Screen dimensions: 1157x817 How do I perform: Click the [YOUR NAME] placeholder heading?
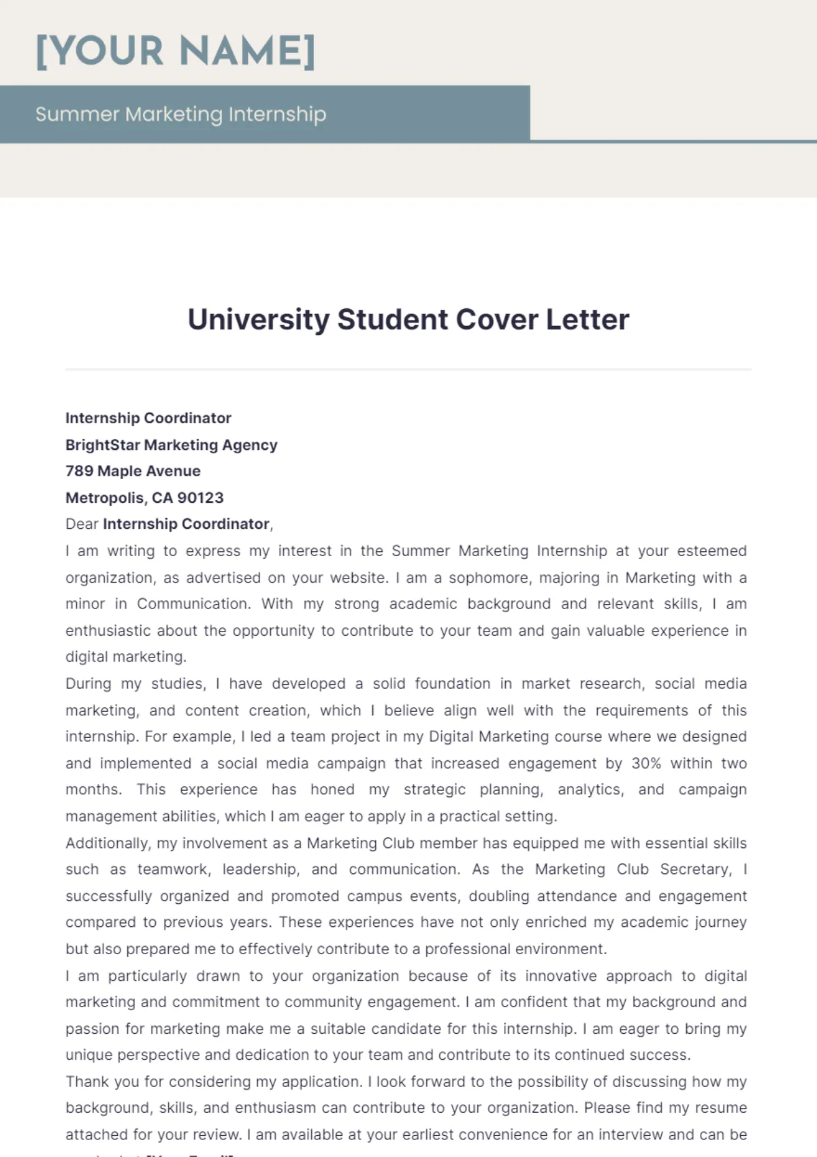[176, 51]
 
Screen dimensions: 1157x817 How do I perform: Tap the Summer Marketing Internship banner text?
[180, 114]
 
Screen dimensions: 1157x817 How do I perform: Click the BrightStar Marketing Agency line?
[171, 444]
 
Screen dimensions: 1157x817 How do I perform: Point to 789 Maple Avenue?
[133, 471]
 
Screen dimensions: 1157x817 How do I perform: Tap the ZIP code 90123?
[200, 498]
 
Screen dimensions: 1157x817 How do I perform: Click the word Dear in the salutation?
[82, 524]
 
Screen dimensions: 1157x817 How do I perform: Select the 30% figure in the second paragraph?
[646, 763]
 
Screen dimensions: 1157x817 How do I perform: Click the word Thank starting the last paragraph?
[87, 1081]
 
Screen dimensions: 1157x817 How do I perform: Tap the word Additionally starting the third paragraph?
[108, 843]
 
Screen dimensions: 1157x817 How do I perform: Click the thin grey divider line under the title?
[408, 370]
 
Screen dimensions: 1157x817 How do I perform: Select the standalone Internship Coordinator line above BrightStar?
[148, 418]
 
